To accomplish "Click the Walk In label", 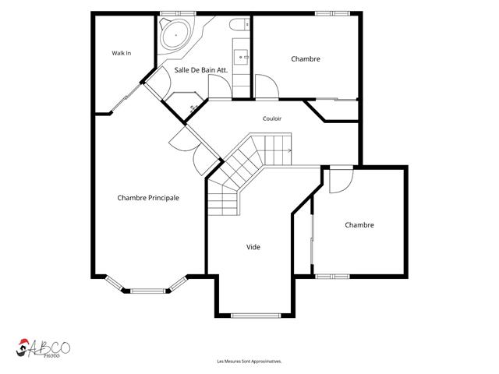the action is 122,53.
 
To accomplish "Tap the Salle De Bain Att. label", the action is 201,70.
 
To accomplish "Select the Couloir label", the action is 272,118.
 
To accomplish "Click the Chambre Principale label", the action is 148,198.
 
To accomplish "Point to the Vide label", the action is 253,247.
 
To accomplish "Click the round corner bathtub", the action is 175,34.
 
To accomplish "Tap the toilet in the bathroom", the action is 239,24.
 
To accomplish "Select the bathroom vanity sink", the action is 241,57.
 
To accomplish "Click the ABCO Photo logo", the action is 43,348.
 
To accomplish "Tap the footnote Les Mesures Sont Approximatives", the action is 249,362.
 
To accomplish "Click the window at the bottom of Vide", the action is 256,316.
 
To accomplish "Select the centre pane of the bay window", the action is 148,291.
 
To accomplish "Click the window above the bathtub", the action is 178,13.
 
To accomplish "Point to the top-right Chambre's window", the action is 333,13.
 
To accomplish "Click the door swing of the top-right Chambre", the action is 267,86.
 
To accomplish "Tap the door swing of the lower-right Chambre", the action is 342,181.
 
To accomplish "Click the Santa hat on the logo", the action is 23,342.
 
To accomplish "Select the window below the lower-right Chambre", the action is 332,277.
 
